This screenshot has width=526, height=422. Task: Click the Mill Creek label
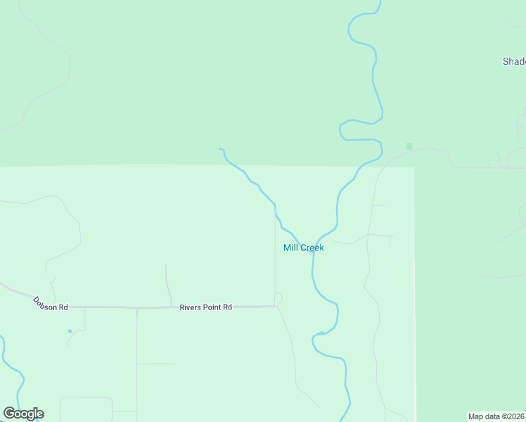(303, 248)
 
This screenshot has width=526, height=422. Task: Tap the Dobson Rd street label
(51, 304)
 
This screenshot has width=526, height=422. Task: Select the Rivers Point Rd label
(205, 307)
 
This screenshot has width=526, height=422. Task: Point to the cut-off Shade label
(514, 61)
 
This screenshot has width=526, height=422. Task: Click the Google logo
(23, 414)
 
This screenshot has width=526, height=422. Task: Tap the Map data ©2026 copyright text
(496, 416)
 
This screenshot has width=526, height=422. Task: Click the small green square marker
(409, 146)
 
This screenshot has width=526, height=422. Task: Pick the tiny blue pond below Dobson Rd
(70, 331)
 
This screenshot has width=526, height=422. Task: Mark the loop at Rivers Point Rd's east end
(278, 299)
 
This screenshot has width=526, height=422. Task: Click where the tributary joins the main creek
(310, 250)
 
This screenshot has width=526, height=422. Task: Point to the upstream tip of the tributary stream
(220, 149)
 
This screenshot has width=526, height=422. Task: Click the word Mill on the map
(290, 248)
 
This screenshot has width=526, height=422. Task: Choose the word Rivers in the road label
(191, 307)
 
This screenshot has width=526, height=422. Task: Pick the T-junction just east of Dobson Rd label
(85, 307)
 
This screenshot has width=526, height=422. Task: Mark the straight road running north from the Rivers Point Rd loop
(275, 260)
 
